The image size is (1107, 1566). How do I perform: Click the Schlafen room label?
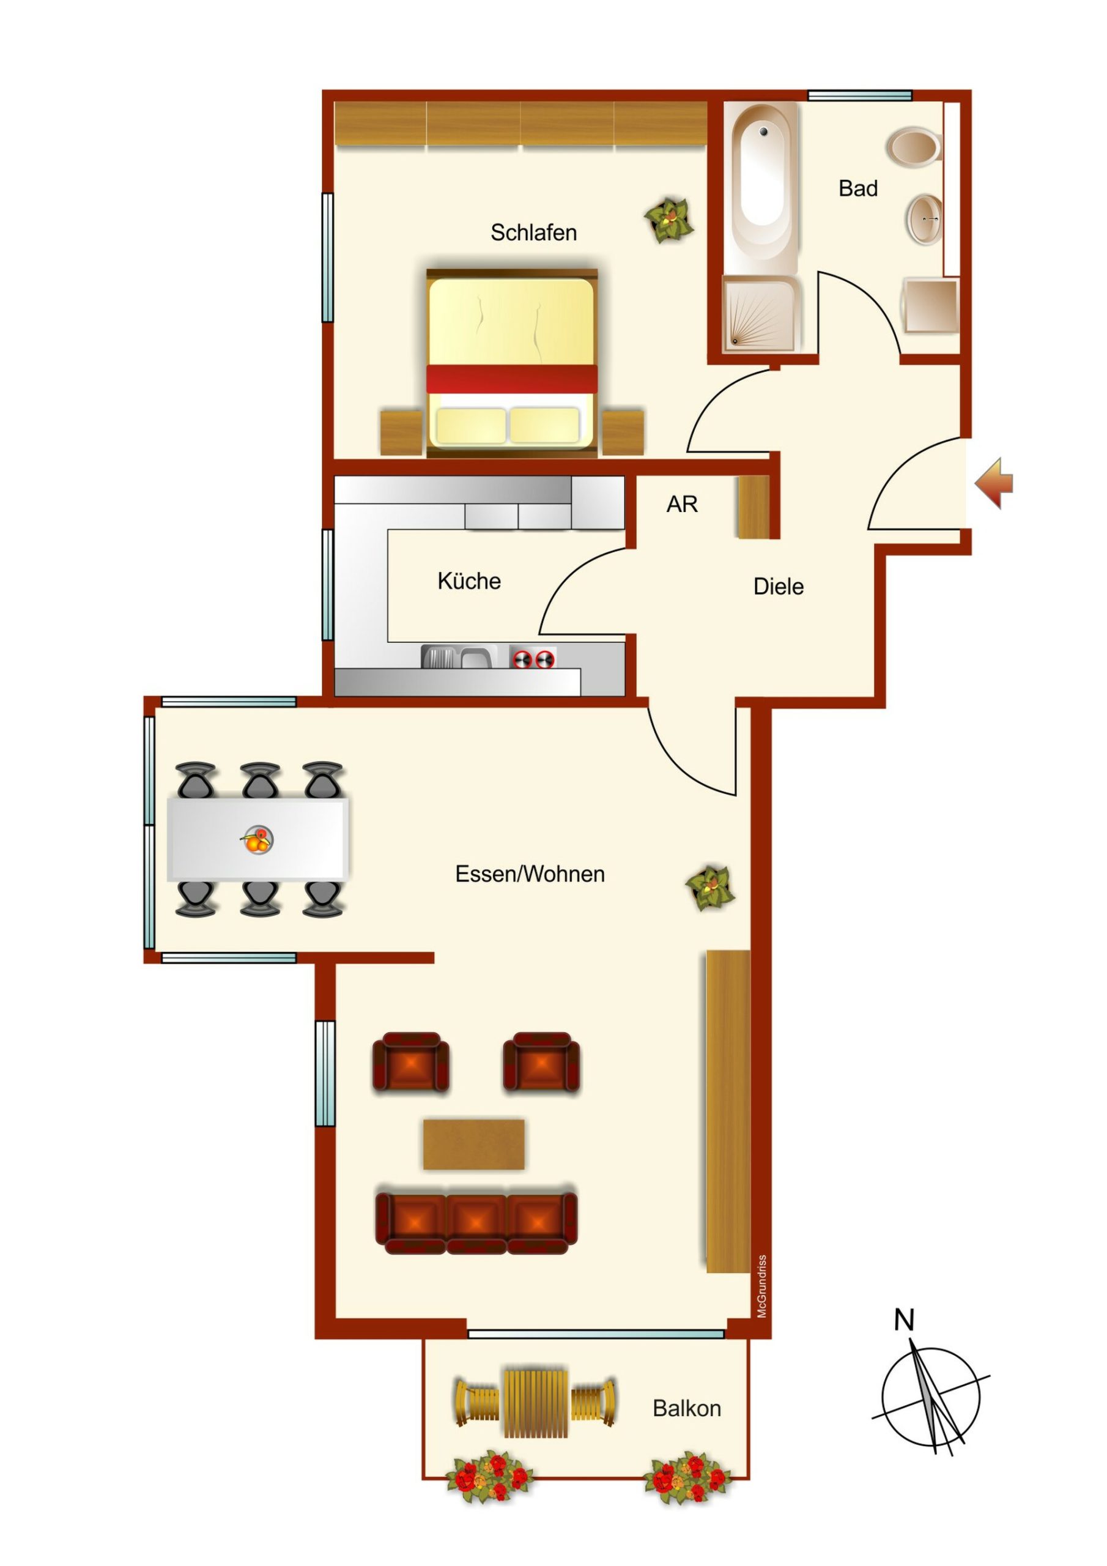[533, 232]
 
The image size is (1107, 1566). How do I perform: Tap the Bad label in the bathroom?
[857, 188]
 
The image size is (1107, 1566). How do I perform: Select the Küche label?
[468, 581]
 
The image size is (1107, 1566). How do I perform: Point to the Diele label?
[778, 586]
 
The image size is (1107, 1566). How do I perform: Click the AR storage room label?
[682, 504]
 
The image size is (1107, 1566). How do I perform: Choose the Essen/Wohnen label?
[530, 874]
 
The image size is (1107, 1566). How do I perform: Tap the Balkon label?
[686, 1408]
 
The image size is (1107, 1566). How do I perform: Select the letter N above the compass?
[904, 1321]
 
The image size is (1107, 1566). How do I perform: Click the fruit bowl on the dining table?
[257, 840]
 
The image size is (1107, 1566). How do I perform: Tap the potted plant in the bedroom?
[669, 220]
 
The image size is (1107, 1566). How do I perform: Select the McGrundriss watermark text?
[762, 1286]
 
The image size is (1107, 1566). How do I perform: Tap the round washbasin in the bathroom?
[925, 219]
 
